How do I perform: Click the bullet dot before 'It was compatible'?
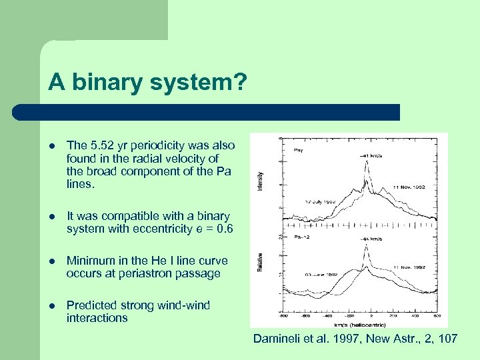pos(51,217)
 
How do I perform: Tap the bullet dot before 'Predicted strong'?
pos(51,306)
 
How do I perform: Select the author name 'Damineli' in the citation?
pos(275,339)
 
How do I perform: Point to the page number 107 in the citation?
pos(447,339)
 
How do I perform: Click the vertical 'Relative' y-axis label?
pos(259,263)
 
